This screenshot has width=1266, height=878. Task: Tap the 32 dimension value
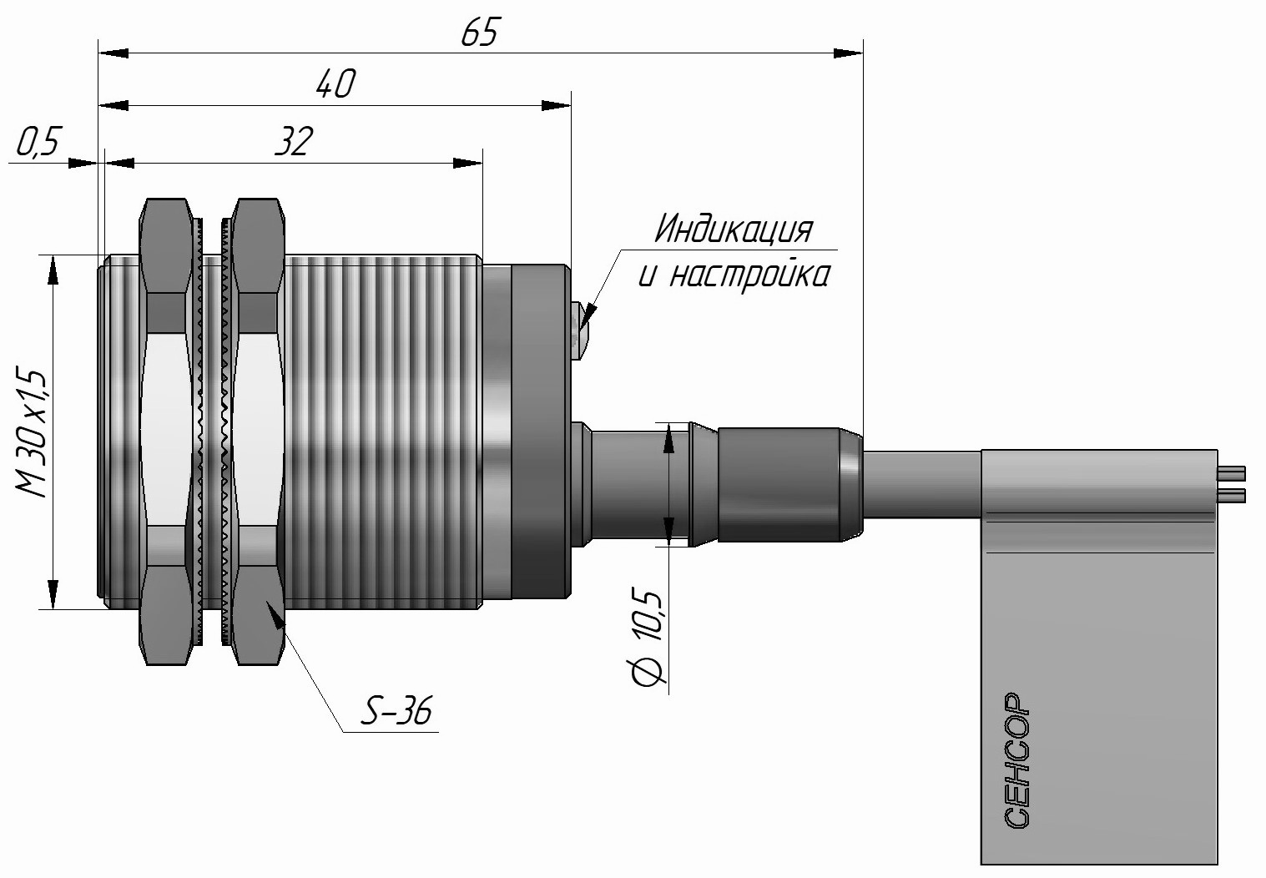pos(294,141)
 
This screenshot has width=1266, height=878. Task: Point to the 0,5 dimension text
pos(37,144)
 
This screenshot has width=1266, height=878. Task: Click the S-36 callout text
pos(396,712)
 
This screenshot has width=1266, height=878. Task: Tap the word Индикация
pos(732,230)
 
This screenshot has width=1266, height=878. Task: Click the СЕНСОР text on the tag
pos(1017,759)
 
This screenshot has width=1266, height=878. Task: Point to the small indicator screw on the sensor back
pos(580,331)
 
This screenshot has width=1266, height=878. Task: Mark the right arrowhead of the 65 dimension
pos(850,53)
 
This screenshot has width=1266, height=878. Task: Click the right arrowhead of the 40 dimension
pos(557,106)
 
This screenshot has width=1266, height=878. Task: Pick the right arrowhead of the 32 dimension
pos(468,163)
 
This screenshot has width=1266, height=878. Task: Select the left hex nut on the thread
pos(164,431)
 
